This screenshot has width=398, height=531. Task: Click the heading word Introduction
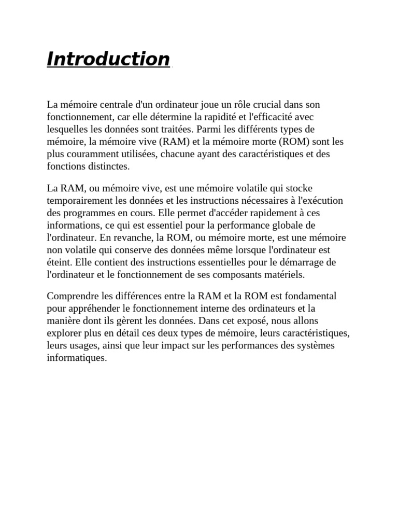pos(108,59)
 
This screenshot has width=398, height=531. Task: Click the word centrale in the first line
pos(113,104)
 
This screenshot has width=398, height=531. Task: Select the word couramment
pos(91,154)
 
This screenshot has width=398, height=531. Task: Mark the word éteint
pos(58,262)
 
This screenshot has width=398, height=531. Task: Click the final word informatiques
pos(76,358)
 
